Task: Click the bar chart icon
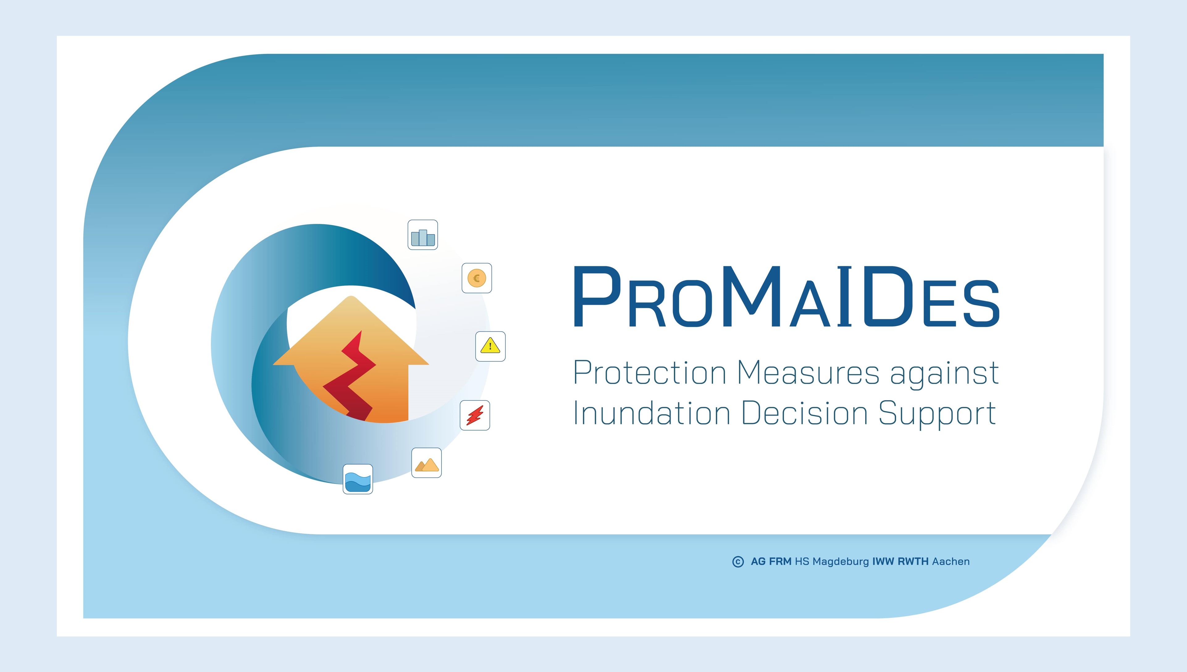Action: tap(423, 235)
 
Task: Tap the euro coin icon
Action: tap(477, 278)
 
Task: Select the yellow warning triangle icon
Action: tap(490, 346)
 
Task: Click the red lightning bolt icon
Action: tap(475, 415)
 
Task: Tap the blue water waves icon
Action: tap(358, 479)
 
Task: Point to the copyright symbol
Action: tap(738, 562)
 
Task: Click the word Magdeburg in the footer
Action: tap(841, 562)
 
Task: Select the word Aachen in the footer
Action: tap(951, 562)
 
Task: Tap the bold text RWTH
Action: tap(913, 562)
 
